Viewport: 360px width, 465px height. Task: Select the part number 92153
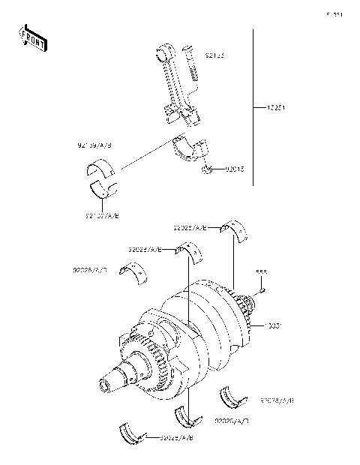(214, 55)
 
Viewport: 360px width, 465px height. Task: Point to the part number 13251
(277, 108)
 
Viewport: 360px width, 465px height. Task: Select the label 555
(262, 272)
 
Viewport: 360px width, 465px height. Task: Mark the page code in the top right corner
(334, 13)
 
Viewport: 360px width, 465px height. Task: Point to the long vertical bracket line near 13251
(252, 109)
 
